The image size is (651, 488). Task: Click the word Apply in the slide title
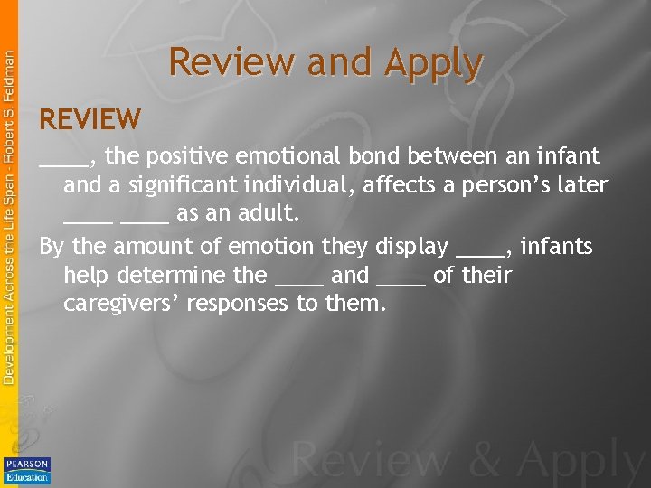[x=432, y=63]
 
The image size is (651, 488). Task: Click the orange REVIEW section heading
[x=90, y=118]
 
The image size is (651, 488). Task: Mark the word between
[x=448, y=155]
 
